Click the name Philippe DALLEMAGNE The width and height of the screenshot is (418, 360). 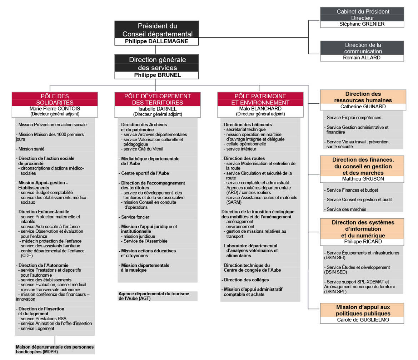tap(156, 41)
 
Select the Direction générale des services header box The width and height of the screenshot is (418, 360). tap(156, 63)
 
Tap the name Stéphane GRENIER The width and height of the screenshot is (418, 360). tap(362, 24)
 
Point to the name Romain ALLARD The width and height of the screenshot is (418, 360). tap(362, 58)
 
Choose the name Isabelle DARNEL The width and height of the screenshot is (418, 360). tap(158, 109)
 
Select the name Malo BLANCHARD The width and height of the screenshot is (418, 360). tap(260, 109)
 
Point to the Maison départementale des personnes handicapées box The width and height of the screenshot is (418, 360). tap(55, 349)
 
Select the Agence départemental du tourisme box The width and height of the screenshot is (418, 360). tap(158, 296)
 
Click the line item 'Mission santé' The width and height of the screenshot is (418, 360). tap(31, 149)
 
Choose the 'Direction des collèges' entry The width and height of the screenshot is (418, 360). tap(246, 280)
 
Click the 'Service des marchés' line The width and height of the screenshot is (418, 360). tap(346, 209)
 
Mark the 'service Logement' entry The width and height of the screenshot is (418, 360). tap(38, 329)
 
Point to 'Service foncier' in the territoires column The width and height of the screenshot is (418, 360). tap(135, 217)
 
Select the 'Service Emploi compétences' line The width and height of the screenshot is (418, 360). tap(354, 118)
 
